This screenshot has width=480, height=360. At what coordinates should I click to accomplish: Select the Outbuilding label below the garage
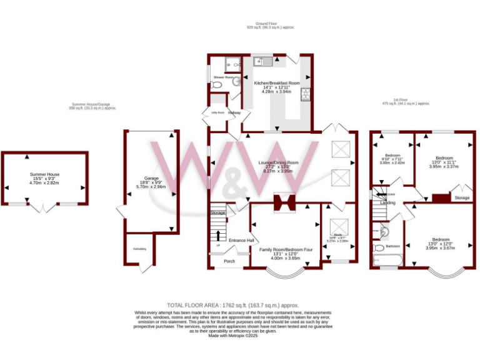click(139, 249)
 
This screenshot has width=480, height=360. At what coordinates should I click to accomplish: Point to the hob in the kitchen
click(306, 95)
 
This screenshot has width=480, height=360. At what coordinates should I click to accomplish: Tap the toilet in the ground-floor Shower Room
click(236, 82)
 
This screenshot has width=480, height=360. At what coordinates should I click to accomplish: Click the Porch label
click(229, 261)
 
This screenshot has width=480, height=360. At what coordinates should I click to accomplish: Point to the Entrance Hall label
click(241, 240)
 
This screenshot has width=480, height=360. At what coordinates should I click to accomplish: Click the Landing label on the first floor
click(387, 203)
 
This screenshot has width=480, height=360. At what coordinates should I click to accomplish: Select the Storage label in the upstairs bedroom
click(462, 198)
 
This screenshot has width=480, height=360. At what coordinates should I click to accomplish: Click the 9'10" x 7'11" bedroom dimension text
click(392, 158)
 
